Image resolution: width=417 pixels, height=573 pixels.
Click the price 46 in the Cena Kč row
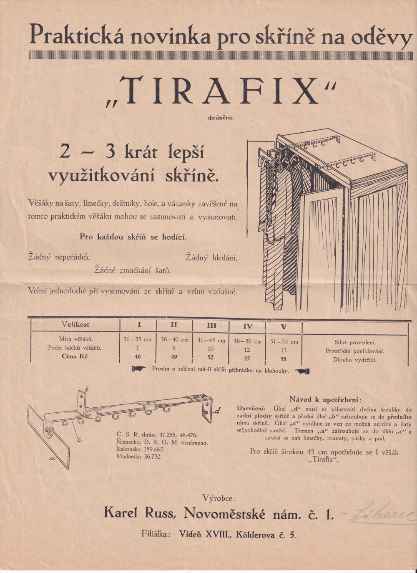pyautogui.click(x=138, y=356)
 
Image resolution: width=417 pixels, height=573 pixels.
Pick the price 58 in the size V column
pyautogui.click(x=284, y=359)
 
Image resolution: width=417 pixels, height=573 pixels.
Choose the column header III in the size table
pyautogui.click(x=211, y=325)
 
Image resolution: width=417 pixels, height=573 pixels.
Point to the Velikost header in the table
pyautogui.click(x=75, y=324)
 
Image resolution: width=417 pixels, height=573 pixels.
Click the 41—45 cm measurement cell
pyautogui.click(x=211, y=340)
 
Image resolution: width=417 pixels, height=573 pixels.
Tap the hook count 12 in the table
pyautogui.click(x=247, y=350)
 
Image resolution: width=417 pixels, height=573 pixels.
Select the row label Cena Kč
pyautogui.click(x=75, y=356)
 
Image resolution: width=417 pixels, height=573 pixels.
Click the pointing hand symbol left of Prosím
pyautogui.click(x=138, y=369)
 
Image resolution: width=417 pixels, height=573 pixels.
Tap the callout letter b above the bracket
pyautogui.click(x=86, y=389)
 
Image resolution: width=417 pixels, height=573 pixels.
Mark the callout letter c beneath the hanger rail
pyautogui.click(x=79, y=439)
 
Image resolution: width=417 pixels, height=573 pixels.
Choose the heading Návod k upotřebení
pyautogui.click(x=325, y=399)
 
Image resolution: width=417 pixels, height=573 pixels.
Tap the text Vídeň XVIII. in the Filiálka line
pyautogui.click(x=204, y=533)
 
